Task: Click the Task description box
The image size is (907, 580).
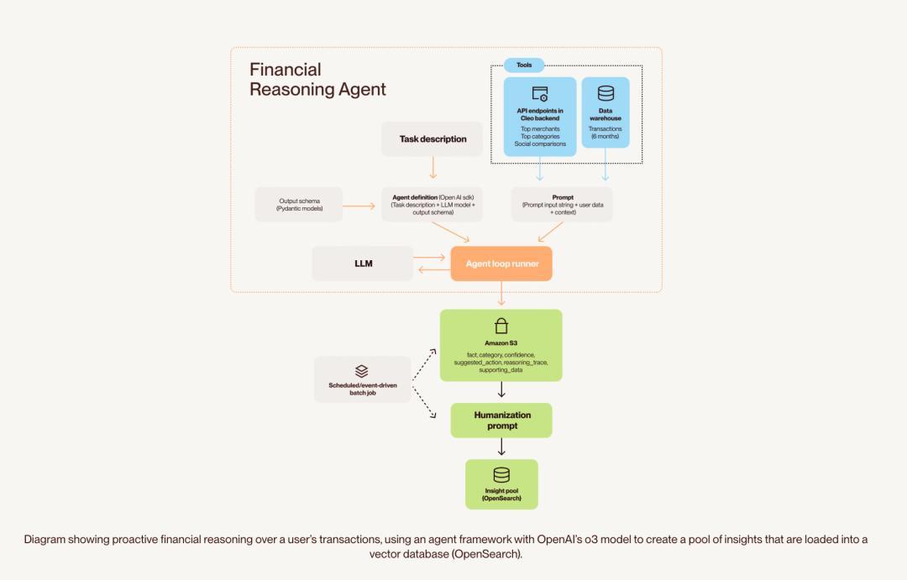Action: [x=433, y=139]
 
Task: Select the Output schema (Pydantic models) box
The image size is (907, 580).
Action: [x=299, y=205]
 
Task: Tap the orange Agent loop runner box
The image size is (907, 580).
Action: [x=501, y=264]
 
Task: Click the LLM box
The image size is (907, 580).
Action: [x=363, y=264]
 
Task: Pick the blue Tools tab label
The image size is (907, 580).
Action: [x=524, y=65]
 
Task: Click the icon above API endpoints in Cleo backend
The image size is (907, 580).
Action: [x=540, y=94]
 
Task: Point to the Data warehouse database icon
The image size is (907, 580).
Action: [x=606, y=93]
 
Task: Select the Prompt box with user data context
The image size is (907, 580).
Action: [x=562, y=205]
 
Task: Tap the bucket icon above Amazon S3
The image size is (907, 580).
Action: [x=501, y=326]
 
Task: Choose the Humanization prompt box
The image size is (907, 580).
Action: [x=501, y=421]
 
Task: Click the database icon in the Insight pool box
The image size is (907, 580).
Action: [x=501, y=475]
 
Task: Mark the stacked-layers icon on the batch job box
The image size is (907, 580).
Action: [x=362, y=370]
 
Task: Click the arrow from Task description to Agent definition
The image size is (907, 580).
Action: [x=433, y=168]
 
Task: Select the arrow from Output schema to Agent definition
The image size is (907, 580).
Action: [x=359, y=205]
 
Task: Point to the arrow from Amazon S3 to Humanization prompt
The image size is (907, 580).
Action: [x=501, y=390]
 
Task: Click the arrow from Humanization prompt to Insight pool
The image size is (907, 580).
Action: [x=501, y=447]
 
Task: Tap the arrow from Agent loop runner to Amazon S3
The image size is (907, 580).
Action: [x=501, y=294]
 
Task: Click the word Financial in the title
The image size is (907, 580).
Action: [x=286, y=70]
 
